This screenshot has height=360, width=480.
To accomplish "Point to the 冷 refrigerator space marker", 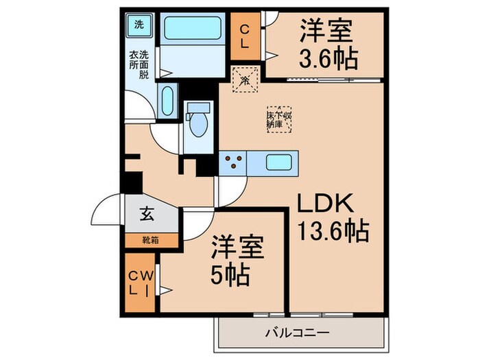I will pos(245,80).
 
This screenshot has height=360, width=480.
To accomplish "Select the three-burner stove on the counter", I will pos(233,163).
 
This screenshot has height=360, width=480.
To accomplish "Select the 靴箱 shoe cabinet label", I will pos(149,240).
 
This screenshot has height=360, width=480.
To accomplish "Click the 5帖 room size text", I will pos(230,276).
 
